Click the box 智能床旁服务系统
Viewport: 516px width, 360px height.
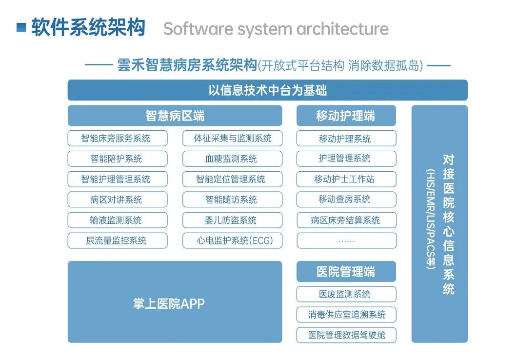point(117,139)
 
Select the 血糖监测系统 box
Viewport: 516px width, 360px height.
point(232,159)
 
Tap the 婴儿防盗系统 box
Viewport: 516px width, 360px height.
point(232,220)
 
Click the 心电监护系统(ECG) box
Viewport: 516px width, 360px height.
point(232,241)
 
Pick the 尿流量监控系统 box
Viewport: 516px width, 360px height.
point(117,241)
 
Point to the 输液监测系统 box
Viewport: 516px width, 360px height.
point(117,220)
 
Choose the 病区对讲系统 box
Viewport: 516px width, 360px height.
point(117,200)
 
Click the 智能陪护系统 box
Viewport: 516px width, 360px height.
point(117,159)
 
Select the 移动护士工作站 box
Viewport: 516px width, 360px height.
point(346,180)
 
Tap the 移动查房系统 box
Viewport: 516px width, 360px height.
point(346,200)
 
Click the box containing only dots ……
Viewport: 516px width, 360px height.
point(346,241)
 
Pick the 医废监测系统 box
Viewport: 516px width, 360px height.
point(346,295)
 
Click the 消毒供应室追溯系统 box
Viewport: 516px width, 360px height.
point(346,315)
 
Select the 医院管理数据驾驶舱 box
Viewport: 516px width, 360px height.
point(346,336)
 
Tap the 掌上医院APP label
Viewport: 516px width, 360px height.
point(169,304)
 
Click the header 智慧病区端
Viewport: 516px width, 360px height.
point(175,116)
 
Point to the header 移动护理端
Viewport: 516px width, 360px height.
point(346,116)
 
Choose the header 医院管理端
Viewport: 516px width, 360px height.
point(346,272)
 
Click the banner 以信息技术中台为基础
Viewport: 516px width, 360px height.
point(267,91)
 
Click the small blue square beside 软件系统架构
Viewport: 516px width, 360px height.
point(21,28)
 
